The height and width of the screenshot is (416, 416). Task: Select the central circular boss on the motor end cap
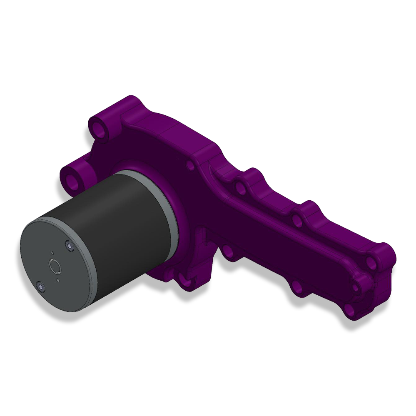pos(55,266)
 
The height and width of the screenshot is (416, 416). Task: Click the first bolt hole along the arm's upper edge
pos(241,186)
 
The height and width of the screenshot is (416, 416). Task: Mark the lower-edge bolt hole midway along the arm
pos(296,286)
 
